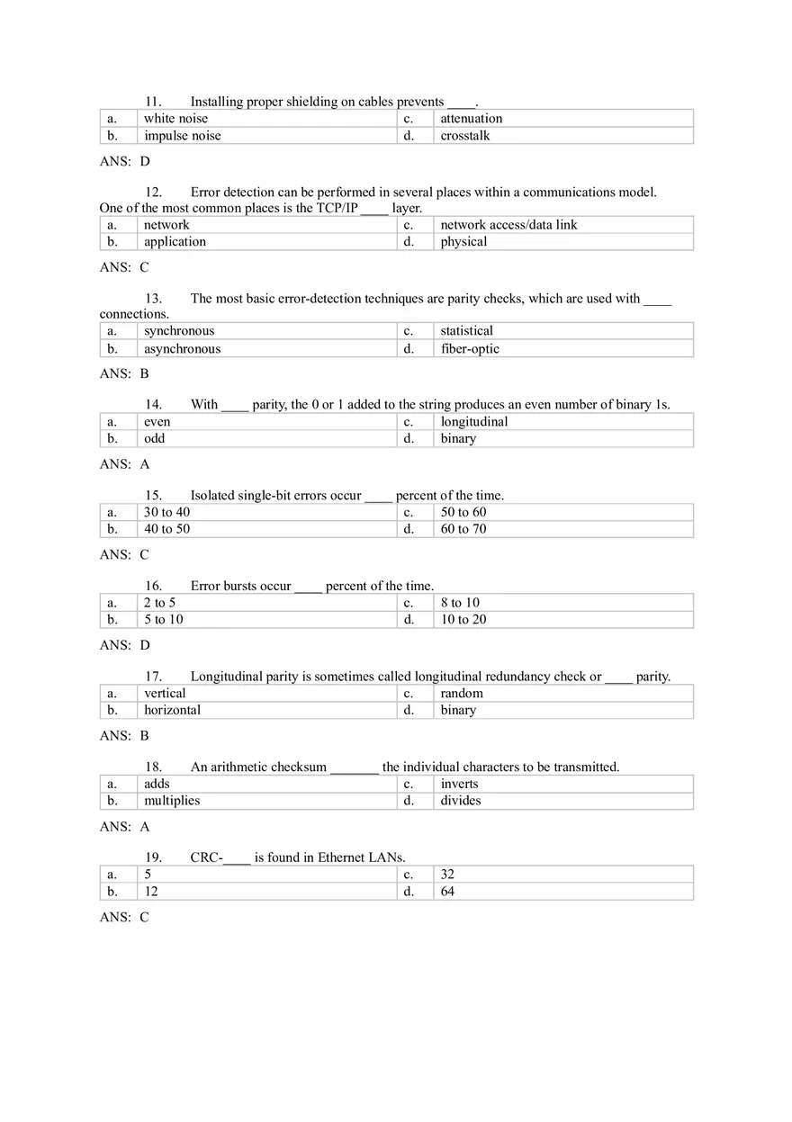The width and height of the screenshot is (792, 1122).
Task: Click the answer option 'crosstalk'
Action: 465,136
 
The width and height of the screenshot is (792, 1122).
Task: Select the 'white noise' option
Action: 175,119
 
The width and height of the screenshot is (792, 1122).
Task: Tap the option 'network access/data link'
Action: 508,225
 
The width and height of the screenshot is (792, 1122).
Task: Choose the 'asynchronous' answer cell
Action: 182,349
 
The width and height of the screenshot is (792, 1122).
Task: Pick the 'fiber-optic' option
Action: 470,349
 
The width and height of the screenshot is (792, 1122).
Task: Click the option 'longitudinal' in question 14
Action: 473,422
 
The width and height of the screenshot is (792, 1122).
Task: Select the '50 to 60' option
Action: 463,512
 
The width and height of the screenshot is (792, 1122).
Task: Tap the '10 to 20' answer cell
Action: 463,620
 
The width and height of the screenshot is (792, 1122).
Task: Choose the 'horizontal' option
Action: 172,710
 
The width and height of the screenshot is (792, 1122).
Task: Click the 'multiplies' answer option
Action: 172,801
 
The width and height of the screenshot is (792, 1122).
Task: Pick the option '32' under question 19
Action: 447,875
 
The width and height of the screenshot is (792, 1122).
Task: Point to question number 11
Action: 153,102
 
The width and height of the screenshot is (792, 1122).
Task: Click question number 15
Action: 153,496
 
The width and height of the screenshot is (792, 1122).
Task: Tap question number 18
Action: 153,767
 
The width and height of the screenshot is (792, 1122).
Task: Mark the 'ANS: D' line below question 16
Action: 124,645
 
